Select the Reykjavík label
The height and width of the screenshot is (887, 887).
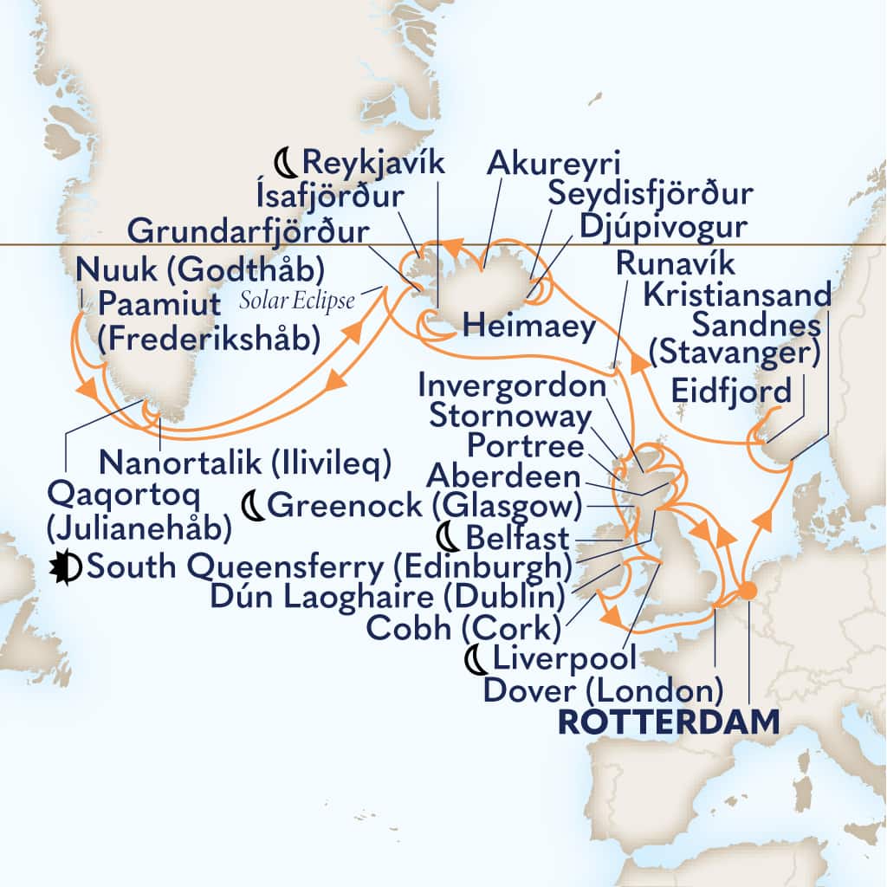point(372,161)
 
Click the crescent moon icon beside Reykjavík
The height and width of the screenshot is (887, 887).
point(284,161)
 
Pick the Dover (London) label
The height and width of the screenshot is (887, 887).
point(603,690)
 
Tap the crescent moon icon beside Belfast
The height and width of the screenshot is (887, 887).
point(450,538)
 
